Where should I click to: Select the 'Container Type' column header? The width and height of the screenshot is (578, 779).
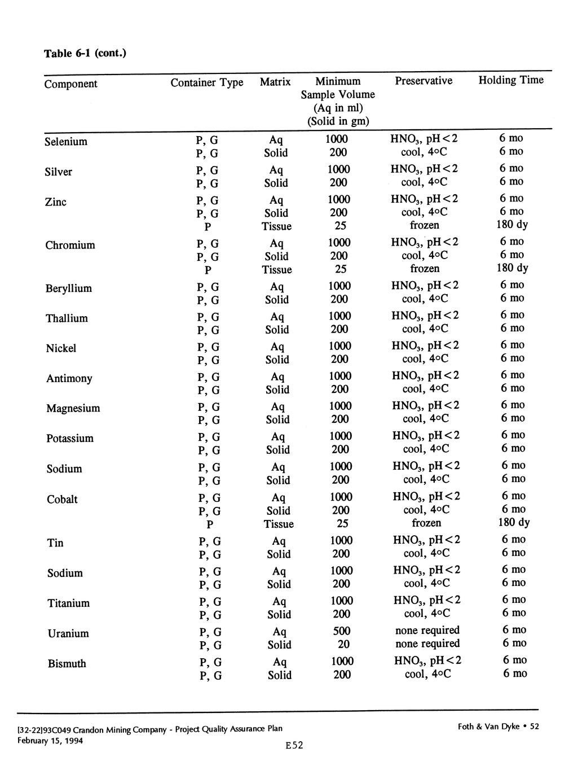point(207,82)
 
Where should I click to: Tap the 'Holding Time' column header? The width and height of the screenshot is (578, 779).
point(511,80)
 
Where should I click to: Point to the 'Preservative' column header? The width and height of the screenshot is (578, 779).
point(423,81)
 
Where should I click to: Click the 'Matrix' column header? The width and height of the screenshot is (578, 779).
point(275,82)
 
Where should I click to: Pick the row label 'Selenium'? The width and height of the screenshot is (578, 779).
point(66,141)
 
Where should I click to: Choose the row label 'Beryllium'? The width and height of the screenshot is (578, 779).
point(68,288)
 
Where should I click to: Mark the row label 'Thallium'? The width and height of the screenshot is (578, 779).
point(67,318)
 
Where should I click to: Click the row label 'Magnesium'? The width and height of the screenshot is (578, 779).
point(73,408)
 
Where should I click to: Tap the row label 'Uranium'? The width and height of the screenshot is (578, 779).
point(68,633)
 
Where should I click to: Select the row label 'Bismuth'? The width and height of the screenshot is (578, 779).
point(67,664)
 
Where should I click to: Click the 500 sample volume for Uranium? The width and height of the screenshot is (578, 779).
point(342,631)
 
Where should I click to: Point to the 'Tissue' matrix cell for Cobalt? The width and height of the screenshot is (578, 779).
point(279,524)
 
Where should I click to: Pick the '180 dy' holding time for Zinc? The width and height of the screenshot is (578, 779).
point(512,225)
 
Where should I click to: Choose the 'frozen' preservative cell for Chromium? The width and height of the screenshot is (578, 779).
point(425,269)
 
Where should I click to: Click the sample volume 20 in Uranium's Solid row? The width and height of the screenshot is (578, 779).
point(343,644)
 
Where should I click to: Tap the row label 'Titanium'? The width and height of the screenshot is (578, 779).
point(69,603)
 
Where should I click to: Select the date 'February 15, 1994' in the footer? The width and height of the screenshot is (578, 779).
point(50,740)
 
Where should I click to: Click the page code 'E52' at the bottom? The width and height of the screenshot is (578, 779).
point(294,746)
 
